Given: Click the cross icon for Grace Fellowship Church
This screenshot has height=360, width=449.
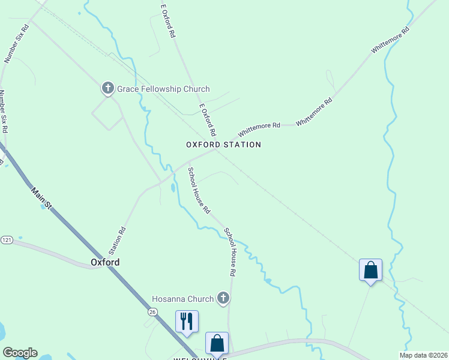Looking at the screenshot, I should click(x=108, y=89).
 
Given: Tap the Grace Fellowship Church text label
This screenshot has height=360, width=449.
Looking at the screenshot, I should click(x=163, y=89).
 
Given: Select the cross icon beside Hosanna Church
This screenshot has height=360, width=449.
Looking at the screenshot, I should click(x=223, y=299).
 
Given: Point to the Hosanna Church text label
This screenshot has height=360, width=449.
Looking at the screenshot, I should click(x=182, y=299).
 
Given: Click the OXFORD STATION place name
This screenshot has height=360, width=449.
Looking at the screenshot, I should click(x=223, y=145).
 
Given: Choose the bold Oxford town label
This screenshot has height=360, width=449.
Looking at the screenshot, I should click(x=105, y=262).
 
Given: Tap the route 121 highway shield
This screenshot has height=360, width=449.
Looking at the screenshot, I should click(x=7, y=240).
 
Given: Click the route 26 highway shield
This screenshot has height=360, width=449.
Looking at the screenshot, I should click(x=152, y=311).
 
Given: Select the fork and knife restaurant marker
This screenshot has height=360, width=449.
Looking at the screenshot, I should click(x=187, y=321).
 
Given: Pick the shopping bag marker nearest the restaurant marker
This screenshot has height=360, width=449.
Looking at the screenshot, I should click(x=217, y=343).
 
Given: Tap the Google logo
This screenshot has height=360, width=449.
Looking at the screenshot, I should click(x=20, y=353).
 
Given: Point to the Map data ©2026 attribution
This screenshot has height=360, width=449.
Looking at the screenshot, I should click(x=423, y=355).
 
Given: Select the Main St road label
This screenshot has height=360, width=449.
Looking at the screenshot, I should click(x=42, y=199).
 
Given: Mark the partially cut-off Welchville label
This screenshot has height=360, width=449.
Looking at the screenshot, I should click(x=200, y=358).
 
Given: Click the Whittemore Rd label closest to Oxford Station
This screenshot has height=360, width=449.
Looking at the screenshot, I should click(x=259, y=128).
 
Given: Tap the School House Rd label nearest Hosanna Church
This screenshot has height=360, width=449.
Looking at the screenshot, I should click(x=231, y=251).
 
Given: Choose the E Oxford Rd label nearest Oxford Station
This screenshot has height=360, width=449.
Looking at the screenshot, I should click(x=208, y=119).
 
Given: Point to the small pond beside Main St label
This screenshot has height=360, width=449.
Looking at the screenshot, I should click(x=46, y=206).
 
